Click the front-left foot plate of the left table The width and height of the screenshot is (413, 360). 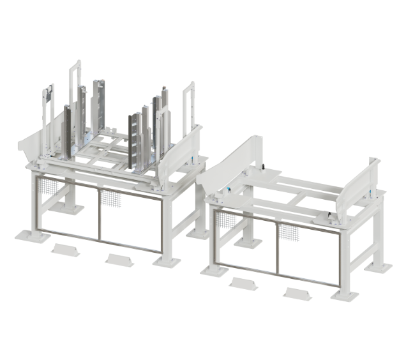tap(32, 236)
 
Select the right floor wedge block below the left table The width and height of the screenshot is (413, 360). tap(119, 260)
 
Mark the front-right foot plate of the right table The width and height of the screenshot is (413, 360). tap(345, 294)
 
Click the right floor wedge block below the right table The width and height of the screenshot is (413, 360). tap(297, 294)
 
